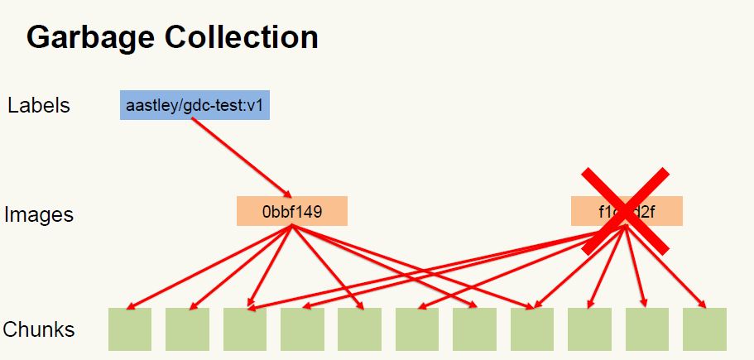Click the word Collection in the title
tap(241, 38)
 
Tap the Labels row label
tap(39, 105)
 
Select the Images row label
tap(39, 215)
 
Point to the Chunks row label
tap(39, 329)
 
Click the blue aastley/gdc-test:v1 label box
tap(195, 105)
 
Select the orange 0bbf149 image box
tap(291, 211)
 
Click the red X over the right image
tap(626, 209)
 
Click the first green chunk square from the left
tap(130, 329)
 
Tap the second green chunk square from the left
tap(187, 329)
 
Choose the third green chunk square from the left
tap(245, 329)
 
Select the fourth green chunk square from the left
tap(302, 329)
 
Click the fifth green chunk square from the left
tap(359, 329)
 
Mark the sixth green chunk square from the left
tap(417, 329)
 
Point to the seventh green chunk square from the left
tap(474, 329)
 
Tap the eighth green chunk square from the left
tap(532, 329)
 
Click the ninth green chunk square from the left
tap(589, 329)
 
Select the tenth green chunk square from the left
tap(646, 329)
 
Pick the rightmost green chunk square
tap(704, 329)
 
